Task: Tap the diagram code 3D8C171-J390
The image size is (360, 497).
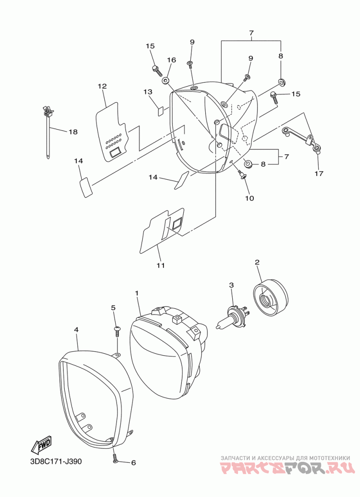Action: (56, 462)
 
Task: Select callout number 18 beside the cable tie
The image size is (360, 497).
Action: (73, 132)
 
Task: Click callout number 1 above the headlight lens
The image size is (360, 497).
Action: (137, 293)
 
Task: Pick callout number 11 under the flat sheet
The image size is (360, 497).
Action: (160, 266)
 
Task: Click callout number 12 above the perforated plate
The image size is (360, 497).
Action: (102, 86)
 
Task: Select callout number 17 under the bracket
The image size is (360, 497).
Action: (319, 173)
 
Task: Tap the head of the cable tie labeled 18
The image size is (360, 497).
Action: (46, 110)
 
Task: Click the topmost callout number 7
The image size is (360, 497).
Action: (251, 33)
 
